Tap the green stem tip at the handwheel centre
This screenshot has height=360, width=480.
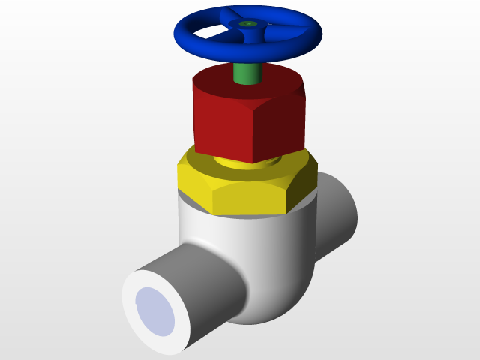pyautogui.click(x=248, y=24)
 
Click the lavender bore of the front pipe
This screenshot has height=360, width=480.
pyautogui.click(x=154, y=310)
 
